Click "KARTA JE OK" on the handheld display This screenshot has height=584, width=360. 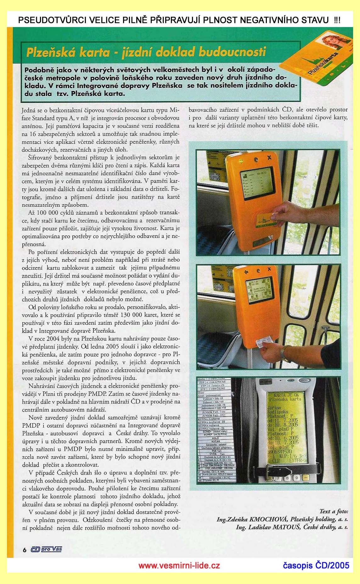[285, 395]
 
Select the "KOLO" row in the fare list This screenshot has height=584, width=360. [215, 438]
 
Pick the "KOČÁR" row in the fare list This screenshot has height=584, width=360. [215, 441]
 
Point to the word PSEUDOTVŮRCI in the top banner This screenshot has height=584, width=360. [49, 20]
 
